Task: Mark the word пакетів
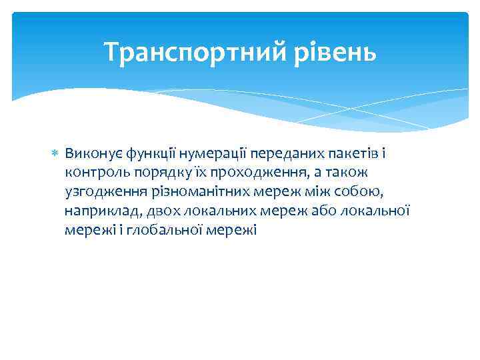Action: [x=337, y=154]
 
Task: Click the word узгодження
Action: [x=98, y=192]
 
